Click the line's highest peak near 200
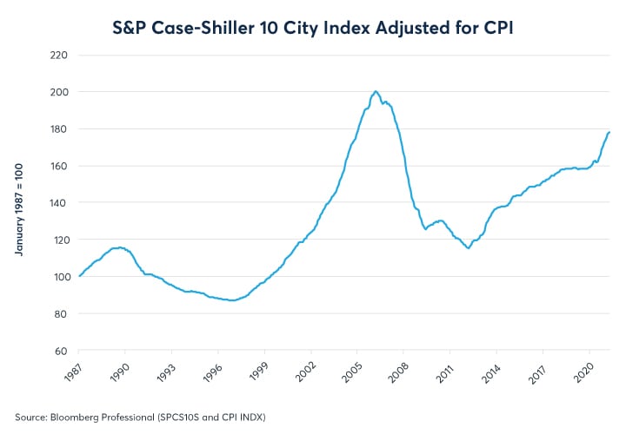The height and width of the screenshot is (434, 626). click(376, 91)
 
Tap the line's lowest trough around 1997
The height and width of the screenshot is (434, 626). click(233, 300)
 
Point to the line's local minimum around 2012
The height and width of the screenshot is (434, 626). click(469, 248)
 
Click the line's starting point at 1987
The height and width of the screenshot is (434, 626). click(79, 276)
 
